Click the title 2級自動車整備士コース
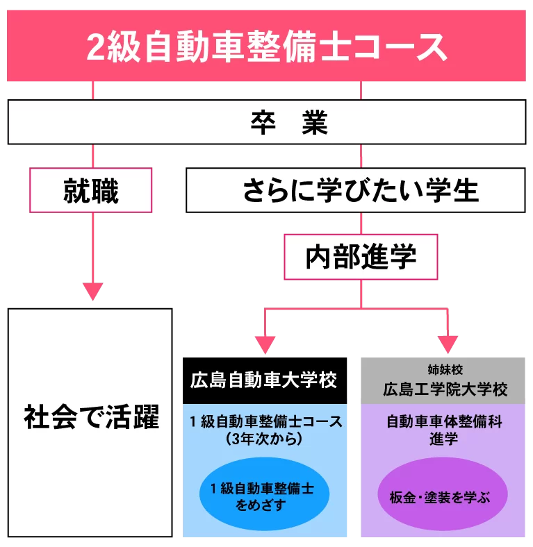266,47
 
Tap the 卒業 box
266,122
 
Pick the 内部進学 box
361,257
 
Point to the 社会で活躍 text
90,419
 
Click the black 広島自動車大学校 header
265,380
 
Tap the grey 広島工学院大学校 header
443,388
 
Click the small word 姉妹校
443,369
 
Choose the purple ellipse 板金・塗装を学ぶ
443,497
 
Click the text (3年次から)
265,439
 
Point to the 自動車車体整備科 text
443,421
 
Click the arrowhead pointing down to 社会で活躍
92,291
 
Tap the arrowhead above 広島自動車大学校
265,344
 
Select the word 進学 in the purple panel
443,439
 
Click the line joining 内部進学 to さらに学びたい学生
361,223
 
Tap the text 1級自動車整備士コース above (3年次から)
265,421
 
